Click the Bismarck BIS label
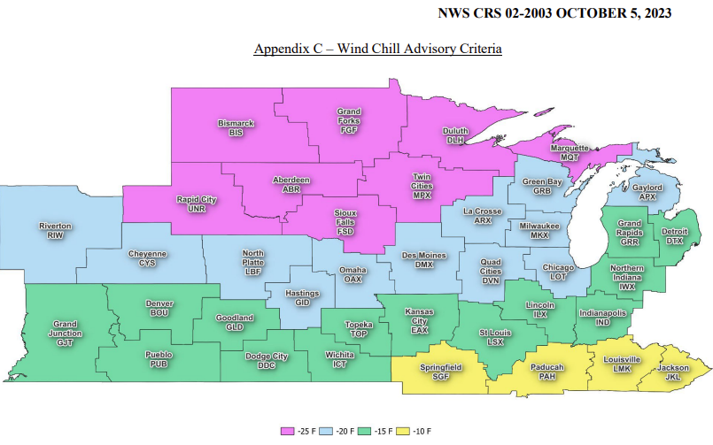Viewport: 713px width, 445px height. click(x=236, y=127)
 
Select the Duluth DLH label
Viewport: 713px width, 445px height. click(x=455, y=135)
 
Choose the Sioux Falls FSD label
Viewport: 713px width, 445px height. click(x=345, y=221)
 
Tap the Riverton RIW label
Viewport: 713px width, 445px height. click(x=55, y=231)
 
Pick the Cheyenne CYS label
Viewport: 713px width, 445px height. click(x=147, y=258)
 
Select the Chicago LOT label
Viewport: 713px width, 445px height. click(x=558, y=272)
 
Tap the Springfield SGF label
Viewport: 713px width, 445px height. click(x=440, y=372)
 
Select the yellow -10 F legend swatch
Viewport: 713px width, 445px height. click(x=404, y=431)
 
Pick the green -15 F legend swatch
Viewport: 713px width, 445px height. click(x=365, y=431)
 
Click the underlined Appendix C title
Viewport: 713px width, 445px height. click(x=378, y=49)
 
